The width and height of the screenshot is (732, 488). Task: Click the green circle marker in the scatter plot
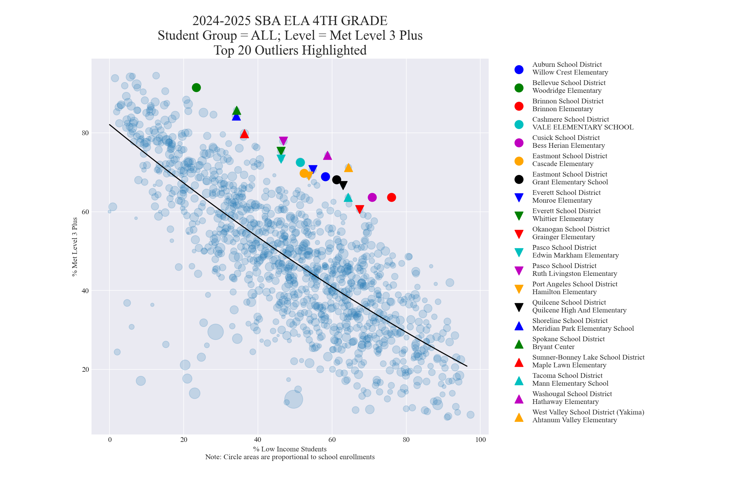(196, 88)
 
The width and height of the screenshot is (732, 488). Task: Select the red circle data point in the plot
(391, 197)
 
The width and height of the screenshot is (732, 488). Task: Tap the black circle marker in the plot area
(337, 180)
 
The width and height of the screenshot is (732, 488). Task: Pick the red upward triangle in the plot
(244, 134)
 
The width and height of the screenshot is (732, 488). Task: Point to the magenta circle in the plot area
(372, 197)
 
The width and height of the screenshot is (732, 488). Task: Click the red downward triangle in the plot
(360, 209)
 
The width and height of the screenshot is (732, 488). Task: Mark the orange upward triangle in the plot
(348, 168)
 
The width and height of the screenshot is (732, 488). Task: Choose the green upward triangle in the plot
(237, 111)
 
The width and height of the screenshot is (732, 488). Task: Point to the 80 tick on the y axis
(85, 133)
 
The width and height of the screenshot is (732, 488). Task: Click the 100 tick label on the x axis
(481, 440)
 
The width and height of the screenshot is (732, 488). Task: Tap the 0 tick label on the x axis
(109, 440)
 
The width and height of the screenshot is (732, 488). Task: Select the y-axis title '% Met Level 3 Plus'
(75, 247)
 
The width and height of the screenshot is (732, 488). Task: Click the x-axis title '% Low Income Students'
(290, 449)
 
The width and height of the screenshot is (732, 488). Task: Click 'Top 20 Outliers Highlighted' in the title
(290, 50)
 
